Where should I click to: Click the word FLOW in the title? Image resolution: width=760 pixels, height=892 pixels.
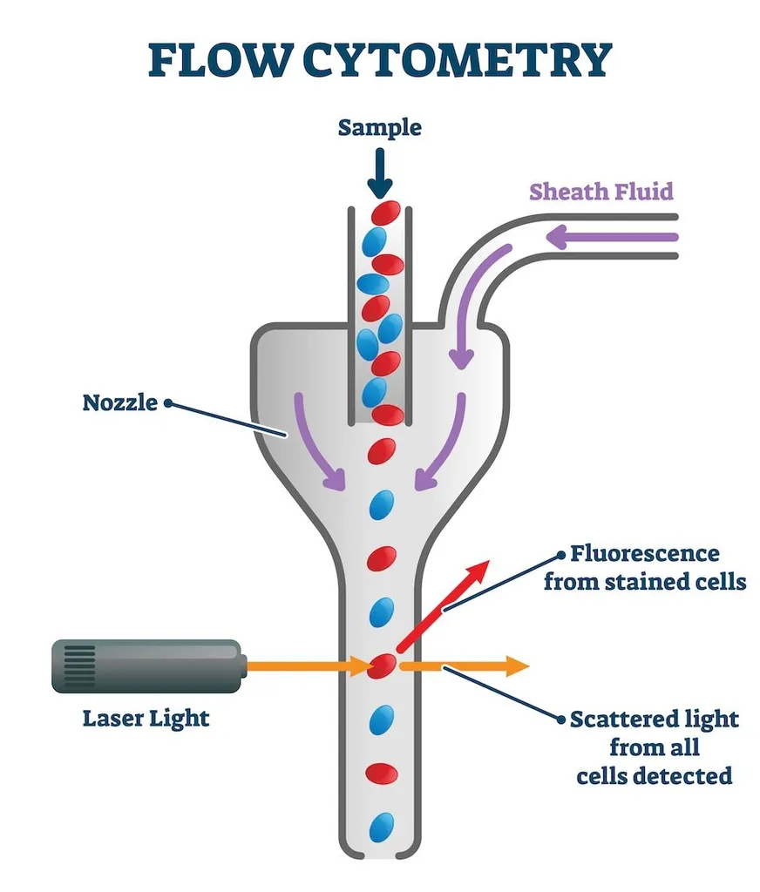click(217, 60)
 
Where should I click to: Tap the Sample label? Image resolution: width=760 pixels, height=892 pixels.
click(379, 128)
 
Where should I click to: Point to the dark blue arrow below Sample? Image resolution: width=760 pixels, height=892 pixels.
click(379, 174)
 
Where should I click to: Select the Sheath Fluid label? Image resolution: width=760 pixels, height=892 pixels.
click(602, 191)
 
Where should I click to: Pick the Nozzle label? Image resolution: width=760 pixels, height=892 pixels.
click(120, 402)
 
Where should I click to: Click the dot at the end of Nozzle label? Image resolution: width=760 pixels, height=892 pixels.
click(168, 403)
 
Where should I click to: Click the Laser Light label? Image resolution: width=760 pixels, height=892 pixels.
click(146, 719)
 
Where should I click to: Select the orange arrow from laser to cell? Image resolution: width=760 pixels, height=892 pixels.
click(309, 666)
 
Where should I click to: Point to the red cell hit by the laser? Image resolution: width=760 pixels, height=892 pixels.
click(382, 666)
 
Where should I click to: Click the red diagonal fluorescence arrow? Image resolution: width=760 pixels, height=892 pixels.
click(440, 605)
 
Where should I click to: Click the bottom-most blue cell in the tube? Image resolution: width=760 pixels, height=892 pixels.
click(381, 827)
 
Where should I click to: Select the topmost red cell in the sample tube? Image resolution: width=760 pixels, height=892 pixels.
click(386, 213)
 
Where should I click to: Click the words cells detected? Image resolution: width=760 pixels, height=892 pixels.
click(654, 775)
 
